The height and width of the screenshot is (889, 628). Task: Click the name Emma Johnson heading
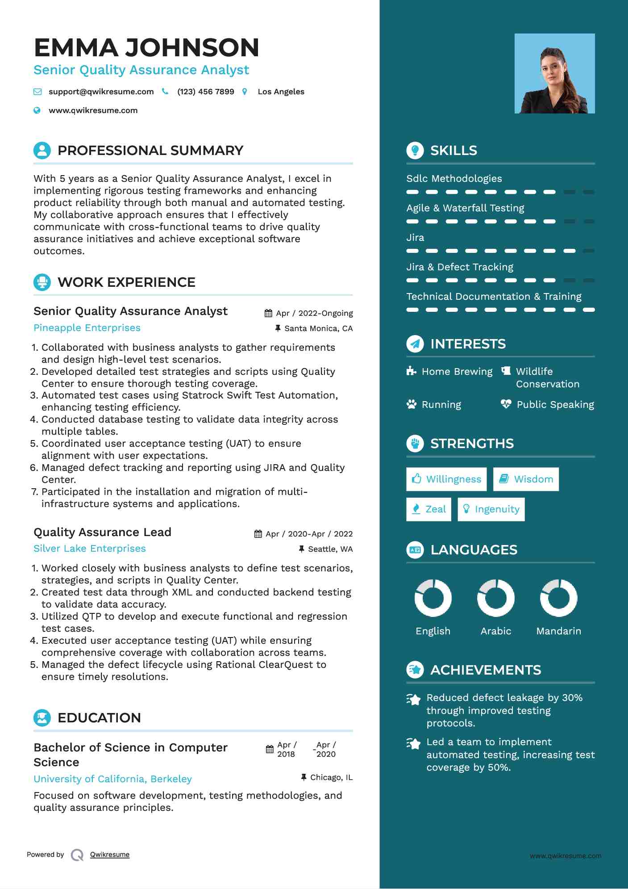pyautogui.click(x=146, y=48)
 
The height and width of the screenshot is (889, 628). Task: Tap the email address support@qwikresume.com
pyautogui.click(x=101, y=92)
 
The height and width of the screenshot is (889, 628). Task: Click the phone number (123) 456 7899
pyautogui.click(x=205, y=92)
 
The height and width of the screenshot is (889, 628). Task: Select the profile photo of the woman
pyautogui.click(x=554, y=73)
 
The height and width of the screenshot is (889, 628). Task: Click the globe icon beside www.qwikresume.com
pyautogui.click(x=37, y=110)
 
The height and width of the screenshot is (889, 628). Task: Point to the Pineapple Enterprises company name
pyautogui.click(x=87, y=328)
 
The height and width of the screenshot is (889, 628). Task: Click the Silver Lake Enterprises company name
pyautogui.click(x=90, y=549)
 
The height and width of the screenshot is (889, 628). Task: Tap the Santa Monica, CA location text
pyautogui.click(x=318, y=329)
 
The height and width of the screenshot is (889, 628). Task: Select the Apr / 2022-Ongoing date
pyautogui.click(x=314, y=313)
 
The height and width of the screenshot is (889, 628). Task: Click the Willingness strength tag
pyautogui.click(x=446, y=479)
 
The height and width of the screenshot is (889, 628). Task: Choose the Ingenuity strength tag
pyautogui.click(x=491, y=509)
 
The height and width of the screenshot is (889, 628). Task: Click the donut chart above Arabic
pyautogui.click(x=495, y=598)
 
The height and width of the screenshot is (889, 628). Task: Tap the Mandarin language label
pyautogui.click(x=558, y=631)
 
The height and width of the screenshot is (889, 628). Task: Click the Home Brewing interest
pyautogui.click(x=457, y=372)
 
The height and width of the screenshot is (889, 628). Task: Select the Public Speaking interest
pyautogui.click(x=555, y=405)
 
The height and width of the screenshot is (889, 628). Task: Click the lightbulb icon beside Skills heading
pyautogui.click(x=415, y=151)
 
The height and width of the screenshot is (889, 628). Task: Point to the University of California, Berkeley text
pyautogui.click(x=112, y=779)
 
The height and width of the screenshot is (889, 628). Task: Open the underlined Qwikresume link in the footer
pyautogui.click(x=110, y=855)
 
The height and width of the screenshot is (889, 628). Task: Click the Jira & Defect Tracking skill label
pyautogui.click(x=460, y=267)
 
